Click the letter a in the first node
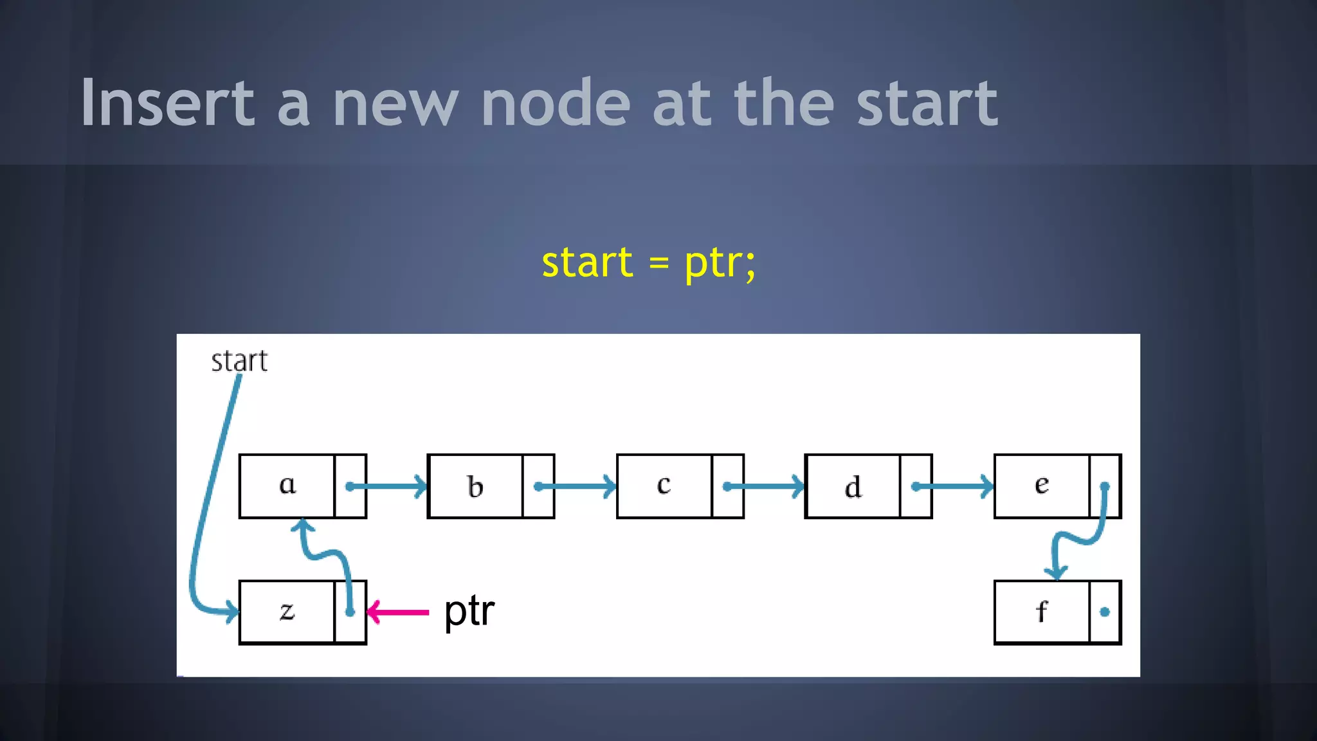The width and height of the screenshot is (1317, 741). [x=287, y=484]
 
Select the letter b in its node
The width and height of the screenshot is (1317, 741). [x=475, y=487]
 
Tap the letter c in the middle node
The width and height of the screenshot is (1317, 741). [x=664, y=484]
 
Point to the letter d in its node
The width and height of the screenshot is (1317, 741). [x=853, y=488]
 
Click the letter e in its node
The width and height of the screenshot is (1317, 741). [x=1042, y=484]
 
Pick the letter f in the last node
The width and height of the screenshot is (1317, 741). [x=1042, y=611]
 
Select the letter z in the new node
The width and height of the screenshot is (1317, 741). [x=287, y=610]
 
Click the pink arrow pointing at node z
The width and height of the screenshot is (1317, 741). [x=398, y=612]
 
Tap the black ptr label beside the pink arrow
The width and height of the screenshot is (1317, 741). [x=469, y=611]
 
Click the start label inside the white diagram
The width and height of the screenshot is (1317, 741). [x=239, y=361]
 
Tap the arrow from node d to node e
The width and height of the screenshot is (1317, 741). [x=954, y=486]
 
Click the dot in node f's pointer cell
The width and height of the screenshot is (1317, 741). [x=1105, y=612]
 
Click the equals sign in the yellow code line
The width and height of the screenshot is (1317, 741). [x=658, y=264]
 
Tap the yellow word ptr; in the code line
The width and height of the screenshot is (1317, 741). [x=720, y=264]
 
